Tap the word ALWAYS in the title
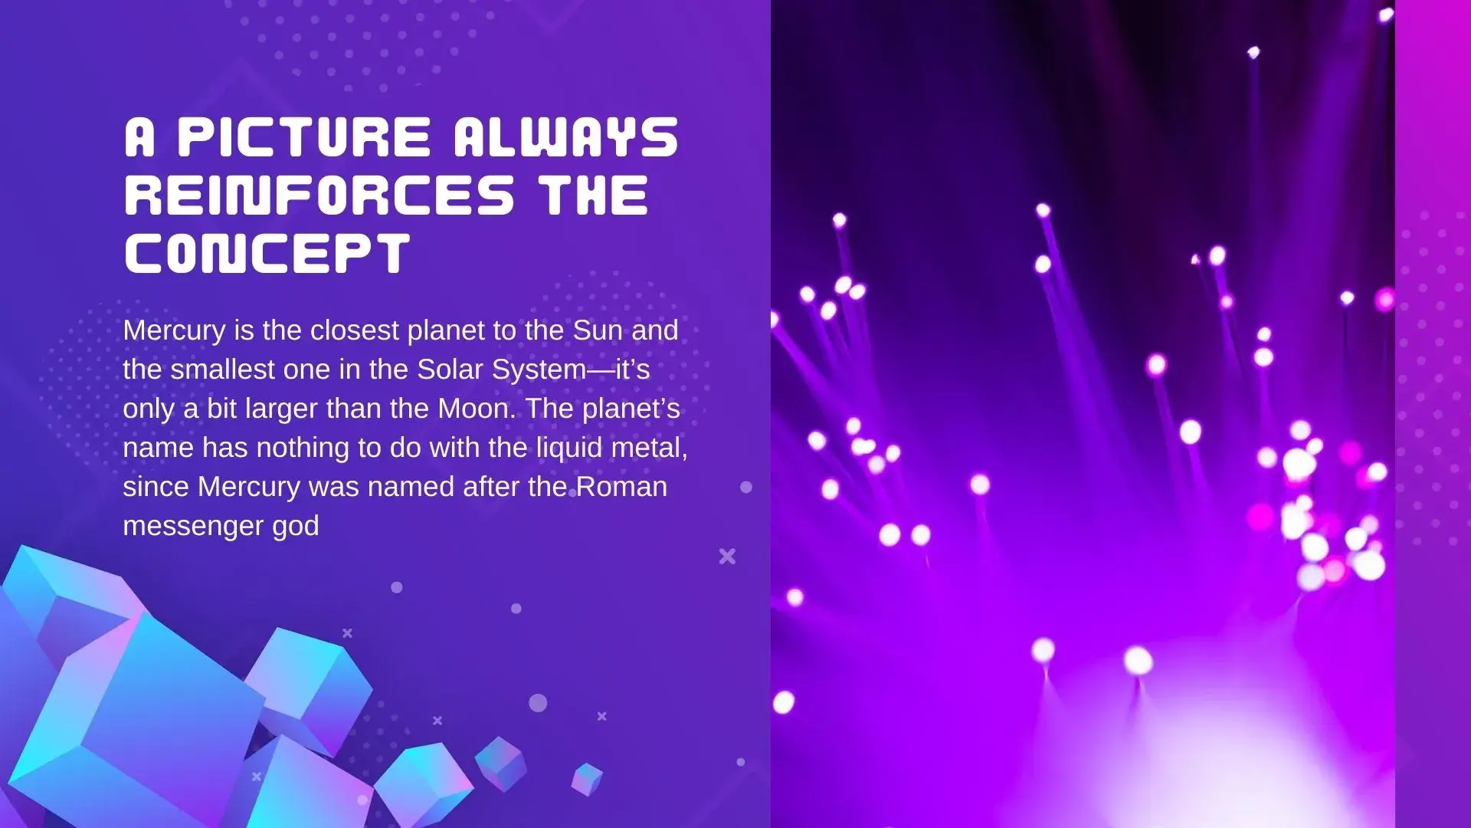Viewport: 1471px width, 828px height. click(566, 138)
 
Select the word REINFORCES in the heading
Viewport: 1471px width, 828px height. click(319, 195)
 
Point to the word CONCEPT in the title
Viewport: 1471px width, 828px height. click(267, 253)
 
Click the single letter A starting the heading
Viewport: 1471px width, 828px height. click(139, 138)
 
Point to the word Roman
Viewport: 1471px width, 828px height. click(621, 487)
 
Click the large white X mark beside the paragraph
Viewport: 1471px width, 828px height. click(727, 556)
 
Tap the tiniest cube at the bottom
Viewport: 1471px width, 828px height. click(587, 779)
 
